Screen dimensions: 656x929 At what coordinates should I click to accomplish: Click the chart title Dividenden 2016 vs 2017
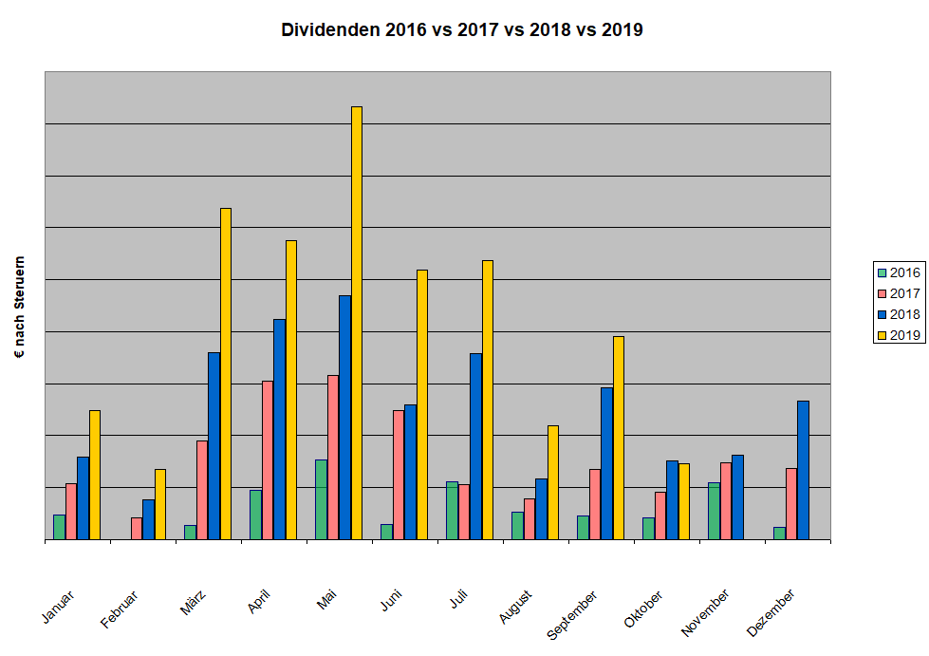[x=462, y=29]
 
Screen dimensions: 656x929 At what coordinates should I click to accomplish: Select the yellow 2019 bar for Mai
[x=357, y=323]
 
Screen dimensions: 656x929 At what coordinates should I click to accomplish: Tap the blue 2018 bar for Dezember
[x=803, y=470]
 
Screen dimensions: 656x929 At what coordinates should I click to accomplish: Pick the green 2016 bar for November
[x=714, y=511]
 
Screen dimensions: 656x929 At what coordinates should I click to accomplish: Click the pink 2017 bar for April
[x=268, y=459]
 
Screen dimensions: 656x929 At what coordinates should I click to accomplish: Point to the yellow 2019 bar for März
[x=226, y=373]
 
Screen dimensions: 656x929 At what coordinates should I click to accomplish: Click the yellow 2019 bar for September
[x=619, y=438]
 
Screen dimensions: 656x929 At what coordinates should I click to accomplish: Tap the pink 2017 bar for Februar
[x=137, y=528]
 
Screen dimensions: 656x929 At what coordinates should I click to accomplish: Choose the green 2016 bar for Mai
[x=321, y=499]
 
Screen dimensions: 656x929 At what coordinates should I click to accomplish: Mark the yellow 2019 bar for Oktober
[x=684, y=501]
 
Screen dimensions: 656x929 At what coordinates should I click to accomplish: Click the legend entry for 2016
[x=898, y=273]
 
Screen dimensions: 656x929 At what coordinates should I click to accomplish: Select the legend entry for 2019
[x=898, y=334]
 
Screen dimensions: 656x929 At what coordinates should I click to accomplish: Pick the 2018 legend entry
[x=898, y=314]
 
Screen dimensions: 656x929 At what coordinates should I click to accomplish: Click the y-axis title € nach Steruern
[x=20, y=307]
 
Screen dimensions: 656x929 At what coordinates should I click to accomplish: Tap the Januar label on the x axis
[x=58, y=607]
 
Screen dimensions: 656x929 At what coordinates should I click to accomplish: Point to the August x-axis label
[x=514, y=608]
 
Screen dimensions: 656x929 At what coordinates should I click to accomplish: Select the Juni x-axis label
[x=389, y=604]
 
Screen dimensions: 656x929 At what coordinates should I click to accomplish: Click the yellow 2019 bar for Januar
[x=95, y=475]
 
